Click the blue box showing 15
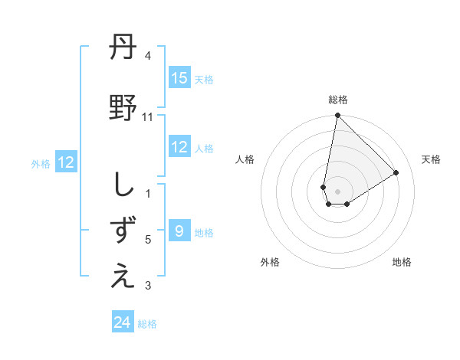179,78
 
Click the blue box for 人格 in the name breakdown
179,147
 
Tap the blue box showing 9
179,231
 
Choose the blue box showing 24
123,322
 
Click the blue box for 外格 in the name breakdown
65,162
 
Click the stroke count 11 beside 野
148,117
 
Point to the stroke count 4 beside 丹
148,56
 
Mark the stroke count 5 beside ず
148,240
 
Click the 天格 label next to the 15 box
203,79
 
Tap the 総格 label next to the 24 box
147,323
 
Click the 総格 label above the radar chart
338,100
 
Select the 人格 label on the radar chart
245,159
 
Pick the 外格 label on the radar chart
270,262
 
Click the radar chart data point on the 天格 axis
396,173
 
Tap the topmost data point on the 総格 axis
337,116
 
